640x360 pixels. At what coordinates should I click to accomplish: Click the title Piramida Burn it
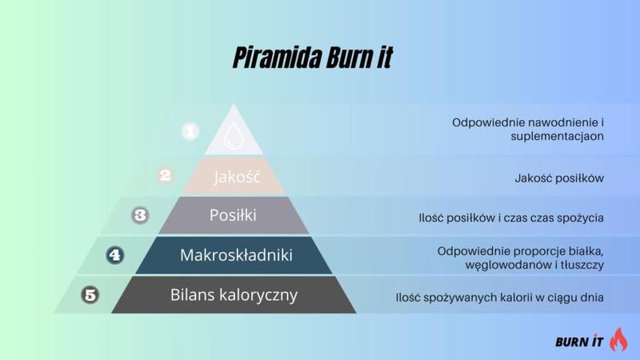pos(313,58)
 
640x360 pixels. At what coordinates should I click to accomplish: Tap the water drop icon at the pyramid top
pos(234,135)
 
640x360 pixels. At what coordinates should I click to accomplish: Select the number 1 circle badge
pos(190,130)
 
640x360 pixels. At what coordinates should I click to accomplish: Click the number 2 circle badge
pos(166,174)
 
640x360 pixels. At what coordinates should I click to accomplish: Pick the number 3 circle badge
pos(141,214)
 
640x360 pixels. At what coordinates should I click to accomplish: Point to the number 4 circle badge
pos(115,255)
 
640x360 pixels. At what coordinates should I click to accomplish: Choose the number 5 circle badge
pos(90,295)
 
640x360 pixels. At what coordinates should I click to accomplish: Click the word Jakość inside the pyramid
pos(238,177)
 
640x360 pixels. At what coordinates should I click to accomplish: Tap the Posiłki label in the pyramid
pos(233,215)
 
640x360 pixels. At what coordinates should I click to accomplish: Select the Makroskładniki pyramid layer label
pos(236,255)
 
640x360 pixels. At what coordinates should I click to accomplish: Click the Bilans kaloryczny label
pos(234,294)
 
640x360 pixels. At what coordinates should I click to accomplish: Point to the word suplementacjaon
pos(557,136)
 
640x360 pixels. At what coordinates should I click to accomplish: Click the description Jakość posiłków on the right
pos(558,178)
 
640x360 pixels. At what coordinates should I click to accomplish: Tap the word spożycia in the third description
pos(579,218)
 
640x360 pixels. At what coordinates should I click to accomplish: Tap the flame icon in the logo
pos(618,339)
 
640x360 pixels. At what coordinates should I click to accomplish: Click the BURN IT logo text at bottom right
pos(579,342)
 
